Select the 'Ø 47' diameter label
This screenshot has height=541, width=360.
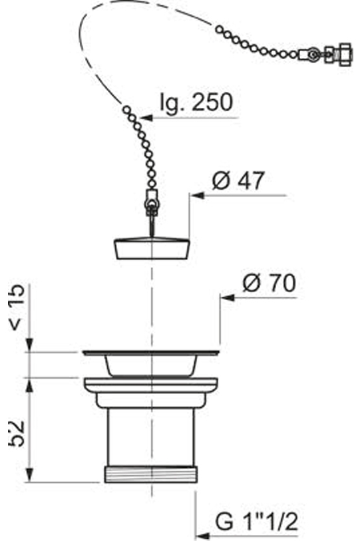[236, 180]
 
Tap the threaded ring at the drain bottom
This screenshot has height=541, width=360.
[151, 474]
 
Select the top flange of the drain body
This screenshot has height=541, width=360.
[151, 352]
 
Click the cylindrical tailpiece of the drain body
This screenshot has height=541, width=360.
[151, 437]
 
